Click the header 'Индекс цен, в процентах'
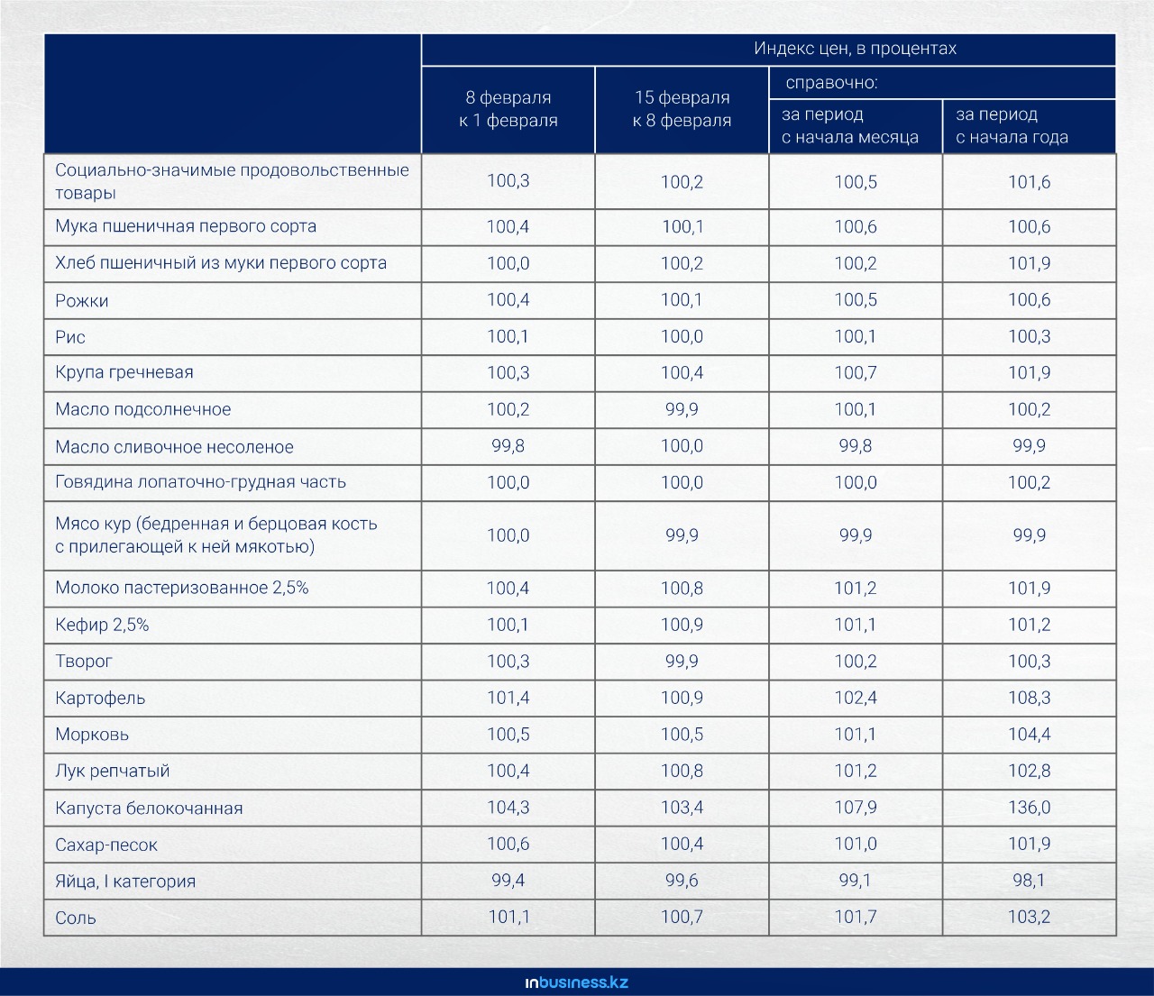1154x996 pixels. (855, 49)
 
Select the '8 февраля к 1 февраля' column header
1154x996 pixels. (508, 109)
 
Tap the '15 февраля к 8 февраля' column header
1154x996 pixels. (682, 109)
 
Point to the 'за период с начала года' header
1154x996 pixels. (1012, 125)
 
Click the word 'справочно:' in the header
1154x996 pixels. (831, 83)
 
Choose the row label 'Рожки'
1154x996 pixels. (81, 301)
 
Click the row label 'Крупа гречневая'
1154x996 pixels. (124, 372)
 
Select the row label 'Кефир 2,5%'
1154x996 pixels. (102, 625)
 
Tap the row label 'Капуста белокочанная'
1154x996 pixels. (149, 808)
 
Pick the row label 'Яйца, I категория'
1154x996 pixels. (125, 881)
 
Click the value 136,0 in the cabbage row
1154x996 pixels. (1029, 808)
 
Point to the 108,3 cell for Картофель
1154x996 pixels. (1029, 698)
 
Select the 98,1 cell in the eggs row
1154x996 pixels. (1029, 881)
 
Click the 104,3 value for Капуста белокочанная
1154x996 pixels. (508, 808)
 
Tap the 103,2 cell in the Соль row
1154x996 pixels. (1029, 917)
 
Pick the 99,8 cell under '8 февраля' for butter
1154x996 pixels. (508, 446)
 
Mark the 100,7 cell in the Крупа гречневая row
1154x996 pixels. (856, 372)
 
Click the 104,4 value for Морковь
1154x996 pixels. (1029, 735)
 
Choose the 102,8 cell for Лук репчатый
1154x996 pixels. (1029, 771)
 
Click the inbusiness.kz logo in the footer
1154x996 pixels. (577, 982)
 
